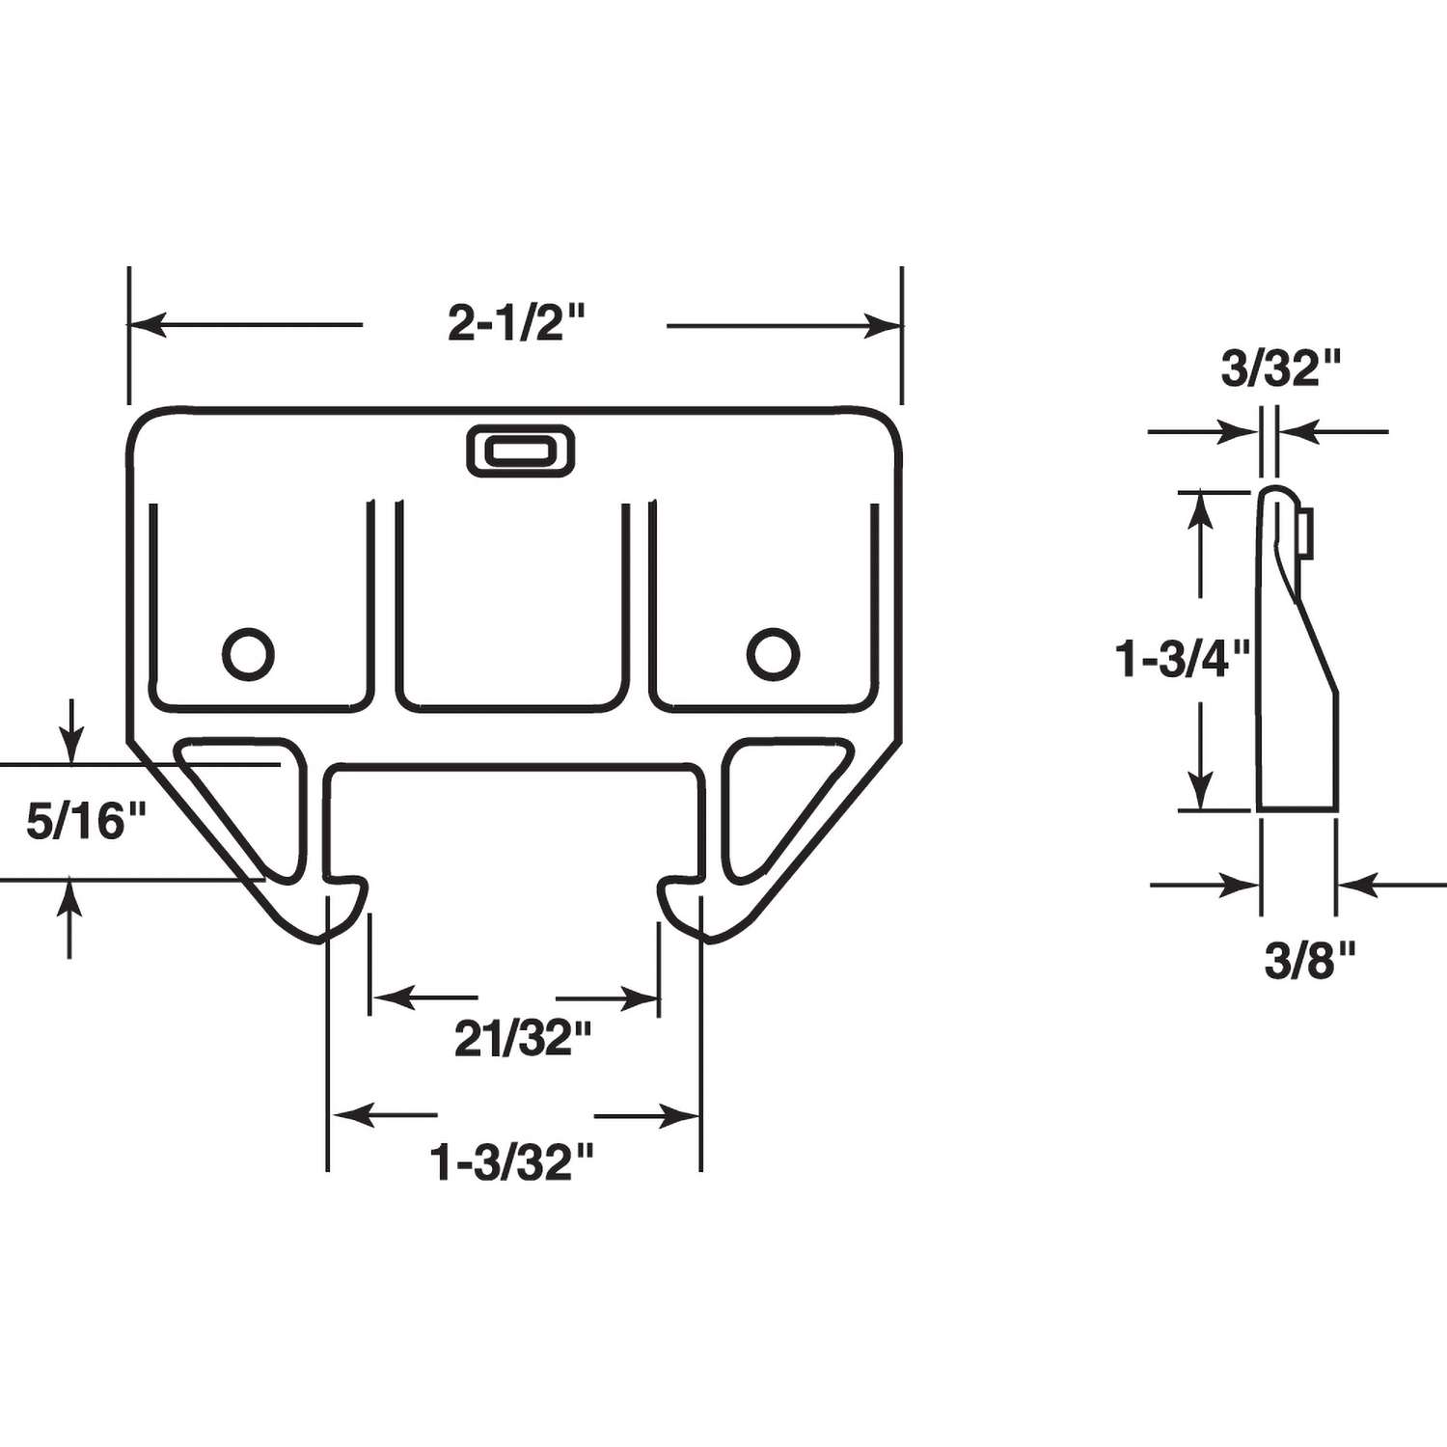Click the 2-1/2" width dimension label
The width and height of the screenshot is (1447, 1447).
pos(517,324)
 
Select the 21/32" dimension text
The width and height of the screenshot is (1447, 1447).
pos(522,1040)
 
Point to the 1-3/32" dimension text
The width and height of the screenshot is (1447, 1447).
pos(512,1161)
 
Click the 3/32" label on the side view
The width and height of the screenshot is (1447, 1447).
pos(1281,369)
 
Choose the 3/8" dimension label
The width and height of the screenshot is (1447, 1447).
pos(1310,961)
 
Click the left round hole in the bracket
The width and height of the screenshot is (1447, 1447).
pos(249,654)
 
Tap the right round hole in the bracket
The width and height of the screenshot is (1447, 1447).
pos(773,654)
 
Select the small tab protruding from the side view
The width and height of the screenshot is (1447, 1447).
pos(1304,534)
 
